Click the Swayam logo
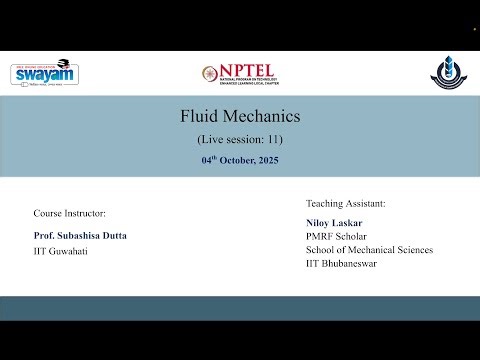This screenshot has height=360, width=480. (x=45, y=73)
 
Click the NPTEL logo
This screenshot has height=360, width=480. (x=239, y=74)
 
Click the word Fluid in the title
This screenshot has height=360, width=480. (x=198, y=116)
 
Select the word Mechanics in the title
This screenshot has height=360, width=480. (x=261, y=116)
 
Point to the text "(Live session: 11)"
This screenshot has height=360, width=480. (x=240, y=139)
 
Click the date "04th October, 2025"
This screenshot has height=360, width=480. (x=240, y=159)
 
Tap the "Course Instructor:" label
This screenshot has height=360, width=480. (x=69, y=213)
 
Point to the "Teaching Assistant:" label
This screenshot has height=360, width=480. (x=345, y=203)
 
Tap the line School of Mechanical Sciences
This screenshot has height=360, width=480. (x=369, y=249)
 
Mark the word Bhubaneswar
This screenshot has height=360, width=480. (x=356, y=263)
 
